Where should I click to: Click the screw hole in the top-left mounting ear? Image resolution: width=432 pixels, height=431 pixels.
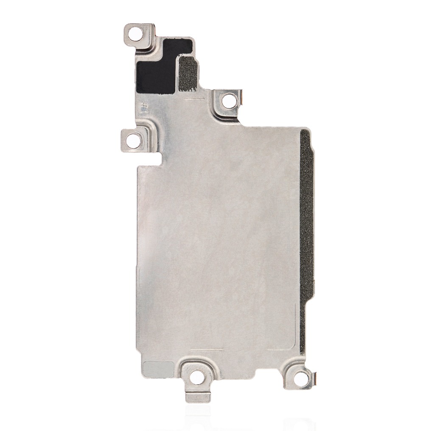(136, 33)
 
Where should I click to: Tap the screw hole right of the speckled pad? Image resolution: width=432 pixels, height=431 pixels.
(229, 100)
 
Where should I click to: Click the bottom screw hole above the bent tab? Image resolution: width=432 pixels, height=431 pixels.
(197, 376)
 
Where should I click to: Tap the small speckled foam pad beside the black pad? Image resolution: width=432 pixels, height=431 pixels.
(188, 75)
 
